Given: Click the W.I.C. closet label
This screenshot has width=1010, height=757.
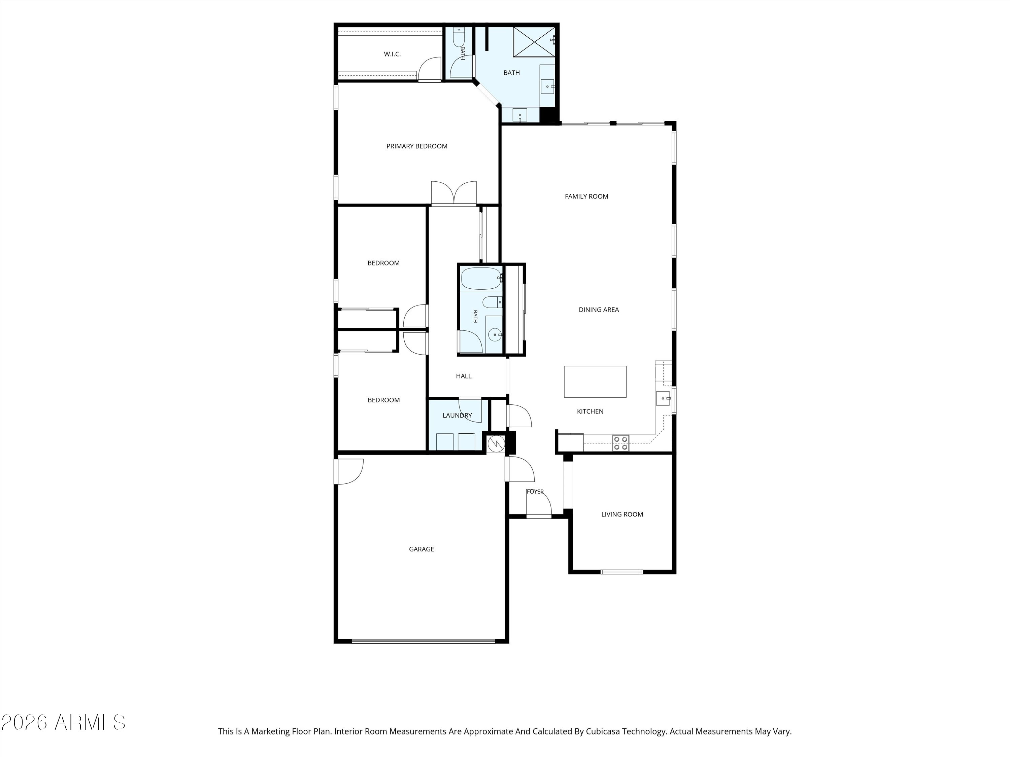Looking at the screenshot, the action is click(392, 54).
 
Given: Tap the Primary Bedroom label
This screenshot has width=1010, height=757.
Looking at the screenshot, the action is click(417, 146).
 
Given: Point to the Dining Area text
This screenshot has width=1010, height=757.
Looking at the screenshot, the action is click(599, 310).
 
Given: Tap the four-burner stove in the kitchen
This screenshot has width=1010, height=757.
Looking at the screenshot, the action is click(621, 443).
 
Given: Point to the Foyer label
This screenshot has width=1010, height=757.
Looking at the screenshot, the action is click(535, 492).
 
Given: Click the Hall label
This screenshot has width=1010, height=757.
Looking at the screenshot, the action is click(464, 376).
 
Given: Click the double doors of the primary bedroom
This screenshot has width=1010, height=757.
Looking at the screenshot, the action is click(454, 193).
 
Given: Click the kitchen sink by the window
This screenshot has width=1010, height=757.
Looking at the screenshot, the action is click(663, 398).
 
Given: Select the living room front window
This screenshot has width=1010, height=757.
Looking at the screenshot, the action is click(622, 572).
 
